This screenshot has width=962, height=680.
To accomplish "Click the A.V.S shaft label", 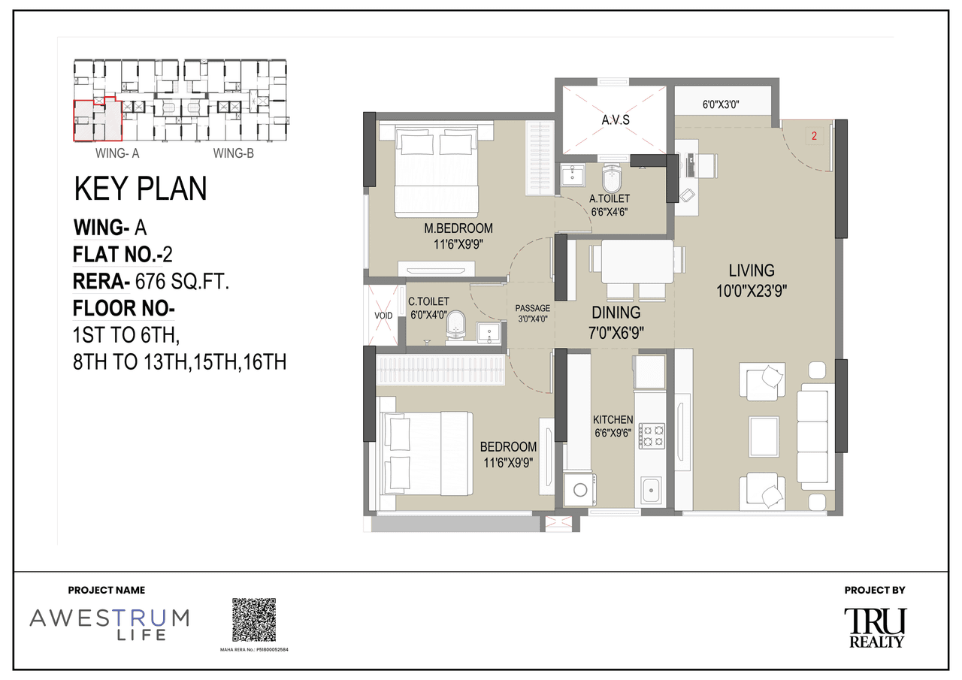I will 615,120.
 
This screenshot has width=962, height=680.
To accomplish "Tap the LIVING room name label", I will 751,270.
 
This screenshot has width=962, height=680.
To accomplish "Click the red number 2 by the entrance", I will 814,137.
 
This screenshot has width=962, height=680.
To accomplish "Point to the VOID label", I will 383,316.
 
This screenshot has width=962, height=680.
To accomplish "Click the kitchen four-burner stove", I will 652,436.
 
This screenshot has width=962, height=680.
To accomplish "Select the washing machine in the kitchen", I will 579,490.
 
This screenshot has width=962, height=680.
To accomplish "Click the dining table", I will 637,261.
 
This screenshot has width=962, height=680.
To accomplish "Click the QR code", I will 253,620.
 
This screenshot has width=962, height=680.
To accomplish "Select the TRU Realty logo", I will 876,627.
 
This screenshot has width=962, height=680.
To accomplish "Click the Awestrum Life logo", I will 110,623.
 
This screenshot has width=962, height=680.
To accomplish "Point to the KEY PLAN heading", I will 141,189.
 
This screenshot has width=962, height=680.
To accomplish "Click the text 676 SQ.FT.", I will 181,282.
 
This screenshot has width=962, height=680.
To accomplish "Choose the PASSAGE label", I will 532,308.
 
